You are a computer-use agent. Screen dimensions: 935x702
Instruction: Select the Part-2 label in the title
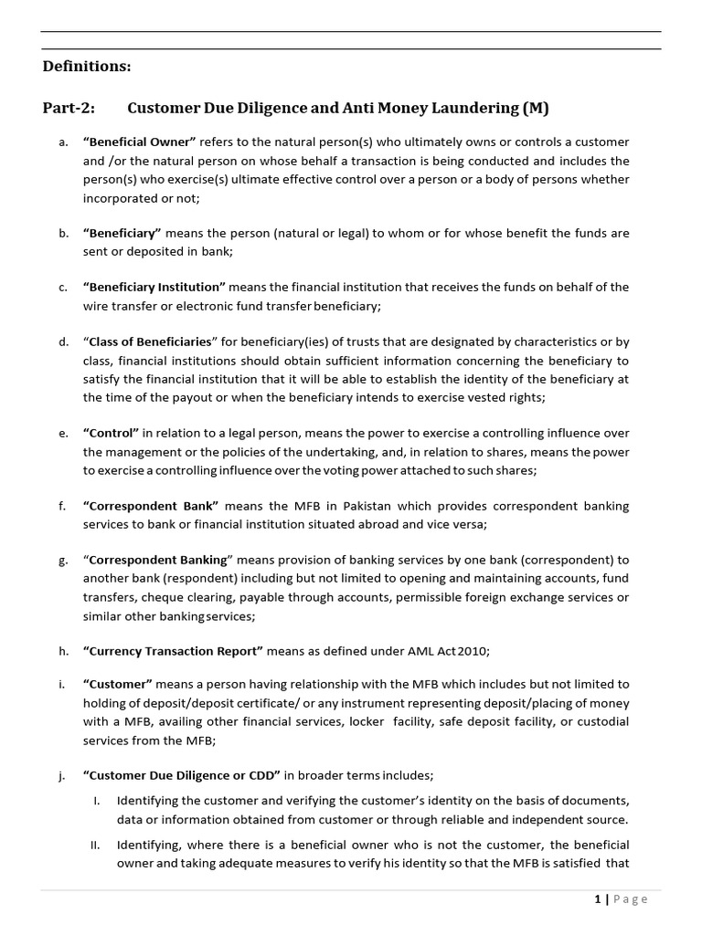pos(68,109)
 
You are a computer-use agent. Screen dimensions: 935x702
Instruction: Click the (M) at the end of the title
pos(536,109)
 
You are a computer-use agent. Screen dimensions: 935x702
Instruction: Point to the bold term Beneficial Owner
pos(139,142)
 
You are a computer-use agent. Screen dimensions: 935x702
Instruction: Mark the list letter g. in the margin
pos(63,560)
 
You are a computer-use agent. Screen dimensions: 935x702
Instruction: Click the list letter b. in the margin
pos(63,233)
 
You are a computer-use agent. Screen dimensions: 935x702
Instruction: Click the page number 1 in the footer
pos(597,899)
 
